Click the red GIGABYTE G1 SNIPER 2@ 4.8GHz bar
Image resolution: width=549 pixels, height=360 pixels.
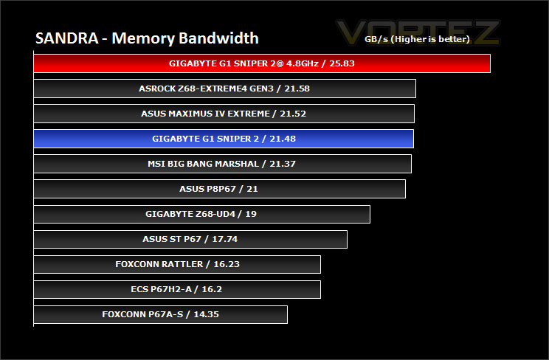(x=262, y=63)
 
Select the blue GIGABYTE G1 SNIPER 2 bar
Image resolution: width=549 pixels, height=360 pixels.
(x=224, y=139)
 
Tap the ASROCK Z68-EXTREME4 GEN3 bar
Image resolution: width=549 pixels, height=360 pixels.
(x=225, y=89)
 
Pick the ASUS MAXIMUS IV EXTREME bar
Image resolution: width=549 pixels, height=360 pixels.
(x=224, y=114)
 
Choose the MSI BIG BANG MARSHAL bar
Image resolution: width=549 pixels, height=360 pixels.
(x=223, y=164)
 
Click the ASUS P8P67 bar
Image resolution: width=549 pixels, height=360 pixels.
(x=220, y=189)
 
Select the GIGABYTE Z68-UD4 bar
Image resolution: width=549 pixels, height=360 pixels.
(x=202, y=214)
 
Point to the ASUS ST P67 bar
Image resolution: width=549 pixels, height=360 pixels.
(x=190, y=239)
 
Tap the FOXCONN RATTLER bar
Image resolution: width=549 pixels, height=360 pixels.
(x=177, y=264)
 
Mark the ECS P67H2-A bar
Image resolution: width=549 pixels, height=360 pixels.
(x=177, y=289)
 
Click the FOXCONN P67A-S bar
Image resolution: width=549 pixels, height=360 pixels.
(x=161, y=314)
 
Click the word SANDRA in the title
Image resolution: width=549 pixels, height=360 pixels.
(x=67, y=38)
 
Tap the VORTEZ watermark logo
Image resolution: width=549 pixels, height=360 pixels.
(x=418, y=32)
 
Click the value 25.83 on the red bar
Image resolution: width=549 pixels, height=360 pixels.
(x=342, y=63)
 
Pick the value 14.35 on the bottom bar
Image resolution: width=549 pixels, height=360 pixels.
(x=206, y=314)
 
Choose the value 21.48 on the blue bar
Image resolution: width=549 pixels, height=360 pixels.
(x=283, y=139)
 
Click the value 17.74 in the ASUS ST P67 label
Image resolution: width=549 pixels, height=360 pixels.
(x=225, y=239)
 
